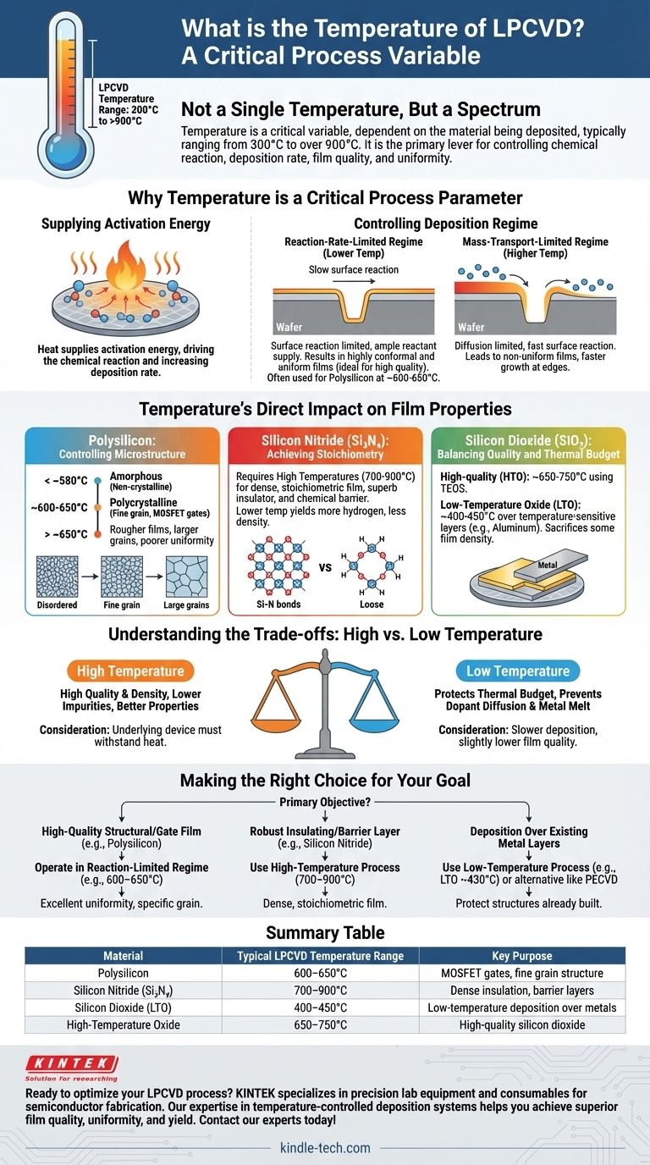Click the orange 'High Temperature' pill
click(131, 671)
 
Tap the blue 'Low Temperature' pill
click(518, 671)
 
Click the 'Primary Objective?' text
click(325, 801)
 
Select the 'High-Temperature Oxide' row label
click(124, 1024)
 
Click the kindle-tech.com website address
click(325, 1148)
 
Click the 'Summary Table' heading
click(325, 932)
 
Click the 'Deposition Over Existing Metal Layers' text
click(517, 837)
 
